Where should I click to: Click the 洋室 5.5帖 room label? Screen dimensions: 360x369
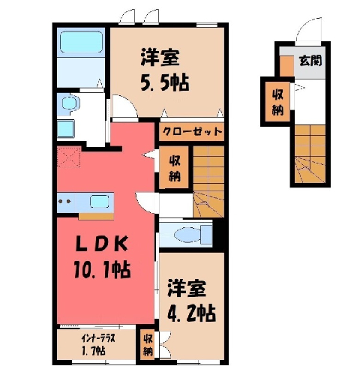coord(165,70)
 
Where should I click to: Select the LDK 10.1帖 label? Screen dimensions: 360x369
coord(102,257)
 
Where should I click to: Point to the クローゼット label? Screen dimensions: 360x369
coord(192,131)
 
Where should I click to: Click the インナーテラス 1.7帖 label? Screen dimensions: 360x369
coord(98,345)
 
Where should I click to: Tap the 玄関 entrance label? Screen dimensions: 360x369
coord(310,61)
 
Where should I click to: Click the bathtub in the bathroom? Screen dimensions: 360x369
coord(82,42)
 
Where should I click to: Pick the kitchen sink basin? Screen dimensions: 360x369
coord(99,202)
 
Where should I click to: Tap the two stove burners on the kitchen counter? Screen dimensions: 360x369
coord(64,201)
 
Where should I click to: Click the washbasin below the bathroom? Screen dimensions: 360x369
coord(70,103)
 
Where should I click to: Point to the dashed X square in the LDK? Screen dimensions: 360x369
coord(69,157)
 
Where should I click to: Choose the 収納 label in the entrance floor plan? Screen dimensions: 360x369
coord(277,102)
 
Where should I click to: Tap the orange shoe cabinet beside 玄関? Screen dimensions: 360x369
coord(286,66)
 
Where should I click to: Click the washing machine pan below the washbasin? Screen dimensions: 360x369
coord(66,129)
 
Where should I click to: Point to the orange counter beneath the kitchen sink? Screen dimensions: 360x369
coord(96,217)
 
